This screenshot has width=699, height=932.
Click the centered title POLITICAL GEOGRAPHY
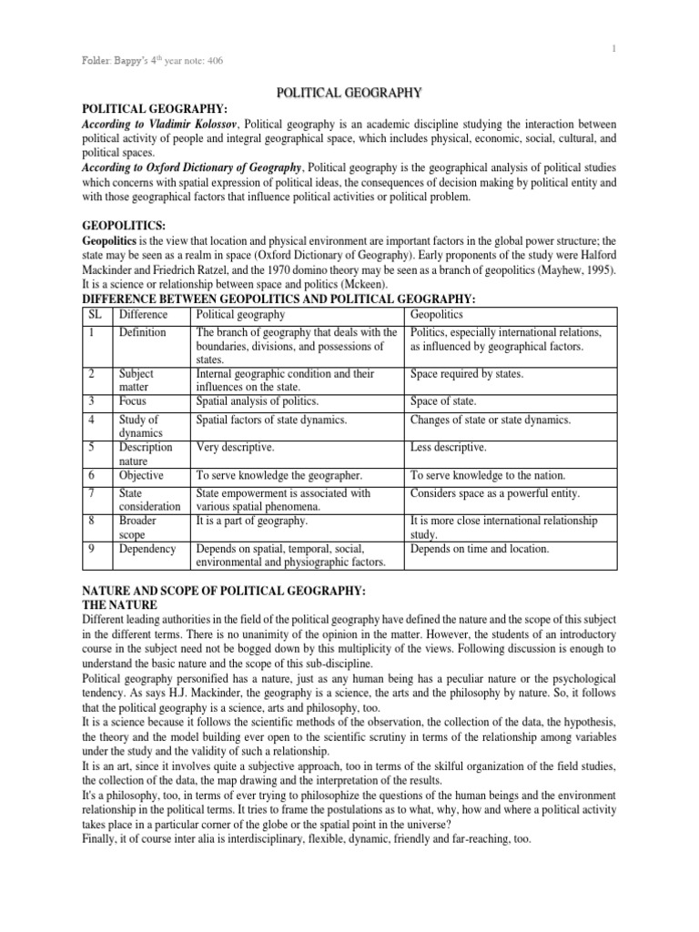pos(349,92)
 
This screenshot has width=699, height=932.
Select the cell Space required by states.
pos(467,374)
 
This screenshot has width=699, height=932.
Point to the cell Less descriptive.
pos(449,448)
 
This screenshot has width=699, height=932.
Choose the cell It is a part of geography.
pos(252,521)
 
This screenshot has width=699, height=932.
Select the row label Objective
pos(141,475)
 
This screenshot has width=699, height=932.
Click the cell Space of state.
pos(444,400)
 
